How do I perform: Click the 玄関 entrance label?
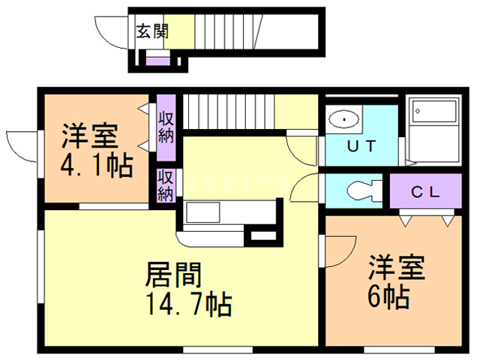152,31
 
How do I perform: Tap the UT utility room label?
361,146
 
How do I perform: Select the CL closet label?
424,191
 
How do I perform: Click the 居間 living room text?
175,275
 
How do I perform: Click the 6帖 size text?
387,298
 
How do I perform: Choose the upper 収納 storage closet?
166,126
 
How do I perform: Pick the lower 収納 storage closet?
166,185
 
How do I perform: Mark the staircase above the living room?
232,112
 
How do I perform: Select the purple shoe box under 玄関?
157,60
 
